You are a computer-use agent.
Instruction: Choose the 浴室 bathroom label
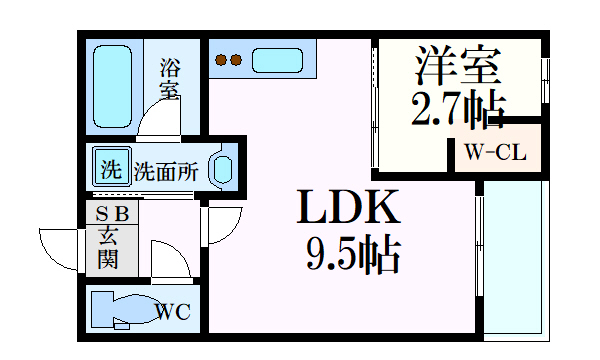pos(169,79)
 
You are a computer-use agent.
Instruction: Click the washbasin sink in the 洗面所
pos(222,168)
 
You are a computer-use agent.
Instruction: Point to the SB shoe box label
pos(111,212)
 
